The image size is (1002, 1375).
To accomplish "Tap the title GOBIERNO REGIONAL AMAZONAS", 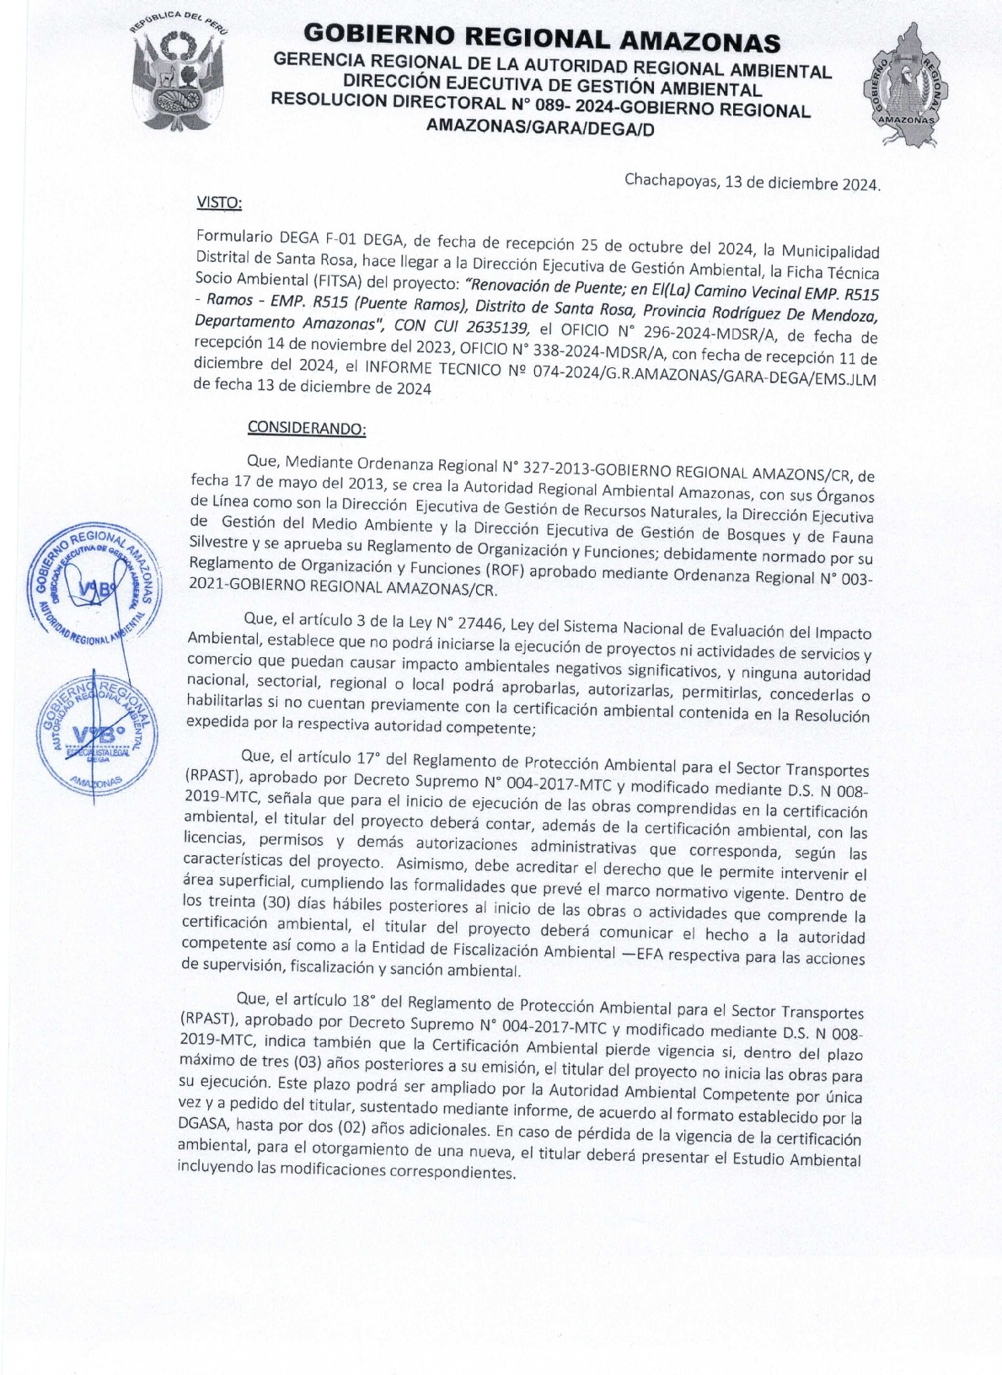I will pyautogui.click(x=541, y=38).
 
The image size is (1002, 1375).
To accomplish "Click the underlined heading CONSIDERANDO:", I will pyautogui.click(x=307, y=428).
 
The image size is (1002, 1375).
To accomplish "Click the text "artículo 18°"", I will pyautogui.click(x=331, y=1000).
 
